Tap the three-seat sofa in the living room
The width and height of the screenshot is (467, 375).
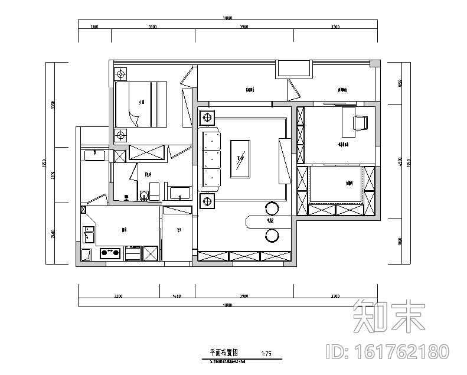click(x=211, y=158)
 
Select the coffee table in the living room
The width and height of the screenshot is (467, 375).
click(x=240, y=158)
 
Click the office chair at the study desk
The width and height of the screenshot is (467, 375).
click(x=360, y=122)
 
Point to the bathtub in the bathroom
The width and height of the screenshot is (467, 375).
click(x=179, y=193)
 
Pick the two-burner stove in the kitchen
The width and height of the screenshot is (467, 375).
click(x=110, y=254)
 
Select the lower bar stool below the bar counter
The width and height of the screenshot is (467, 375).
click(x=272, y=236)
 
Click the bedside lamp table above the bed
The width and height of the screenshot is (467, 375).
click(x=121, y=74)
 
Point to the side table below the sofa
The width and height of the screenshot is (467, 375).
click(x=207, y=202)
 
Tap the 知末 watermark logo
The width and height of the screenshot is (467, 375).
click(x=388, y=315)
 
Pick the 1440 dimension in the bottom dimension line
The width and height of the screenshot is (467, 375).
click(x=177, y=295)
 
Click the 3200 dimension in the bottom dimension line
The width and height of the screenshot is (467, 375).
click(x=118, y=295)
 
